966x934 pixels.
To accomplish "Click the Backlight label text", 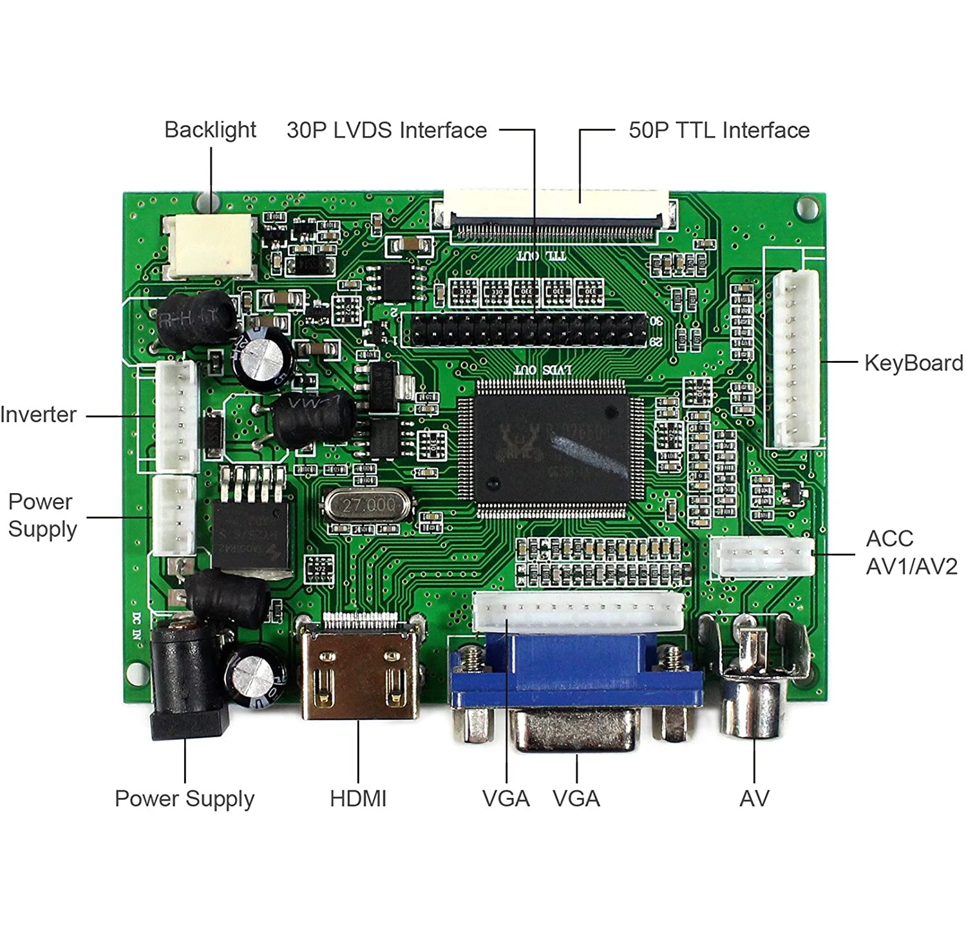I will [210, 130].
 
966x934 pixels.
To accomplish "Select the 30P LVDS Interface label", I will [386, 130].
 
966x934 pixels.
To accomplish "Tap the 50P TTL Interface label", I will [719, 130].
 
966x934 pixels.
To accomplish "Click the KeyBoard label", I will [913, 363].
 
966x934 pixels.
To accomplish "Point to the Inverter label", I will [39, 414].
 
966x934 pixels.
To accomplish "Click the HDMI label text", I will [358, 799].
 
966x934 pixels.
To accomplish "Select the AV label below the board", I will [754, 799].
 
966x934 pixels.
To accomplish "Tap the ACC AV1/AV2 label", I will [911, 552].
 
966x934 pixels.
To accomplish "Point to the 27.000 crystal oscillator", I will [368, 505].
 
